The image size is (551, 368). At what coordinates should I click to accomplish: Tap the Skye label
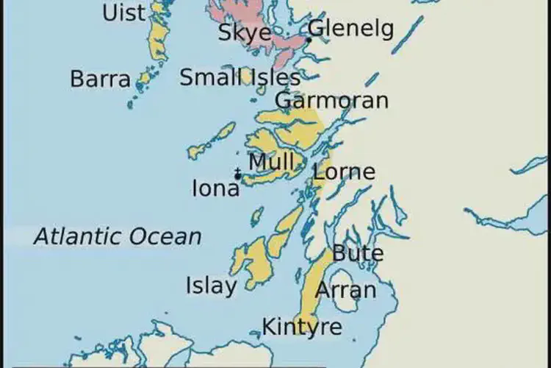coord(245,32)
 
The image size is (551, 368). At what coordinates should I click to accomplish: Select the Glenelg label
coord(350,29)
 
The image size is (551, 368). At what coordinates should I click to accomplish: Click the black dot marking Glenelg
coord(309,40)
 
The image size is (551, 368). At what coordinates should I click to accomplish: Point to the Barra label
coord(100,79)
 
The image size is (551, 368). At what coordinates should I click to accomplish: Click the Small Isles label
coord(240,77)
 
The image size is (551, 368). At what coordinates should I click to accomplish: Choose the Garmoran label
coord(331,100)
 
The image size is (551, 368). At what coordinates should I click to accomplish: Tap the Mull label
coord(271,161)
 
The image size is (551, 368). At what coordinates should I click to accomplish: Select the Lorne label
coord(344,173)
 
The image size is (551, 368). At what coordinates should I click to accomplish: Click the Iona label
coord(215,189)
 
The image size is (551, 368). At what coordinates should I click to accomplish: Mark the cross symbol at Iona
coord(237,174)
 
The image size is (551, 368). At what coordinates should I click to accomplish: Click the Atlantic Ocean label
coord(118,236)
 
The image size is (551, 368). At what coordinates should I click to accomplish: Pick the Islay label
coord(212,286)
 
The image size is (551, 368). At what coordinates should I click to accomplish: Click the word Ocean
coord(165,236)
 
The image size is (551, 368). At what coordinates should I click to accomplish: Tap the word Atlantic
coord(77,236)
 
